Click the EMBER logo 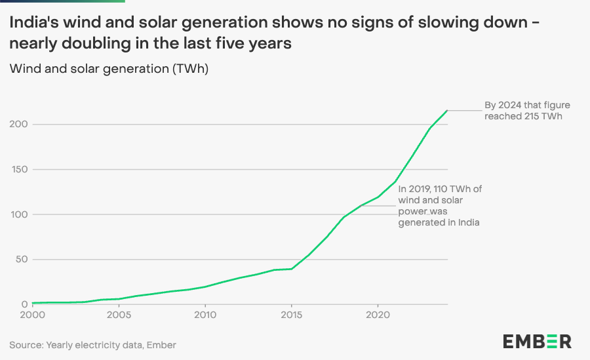coord(537,341)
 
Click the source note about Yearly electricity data coord(92,344)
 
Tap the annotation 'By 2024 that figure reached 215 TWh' coord(523,110)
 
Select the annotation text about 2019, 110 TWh coord(440,206)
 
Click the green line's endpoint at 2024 coord(447,110)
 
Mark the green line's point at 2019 coord(361,205)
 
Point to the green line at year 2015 coord(292,269)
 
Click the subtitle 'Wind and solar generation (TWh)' coord(109,68)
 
